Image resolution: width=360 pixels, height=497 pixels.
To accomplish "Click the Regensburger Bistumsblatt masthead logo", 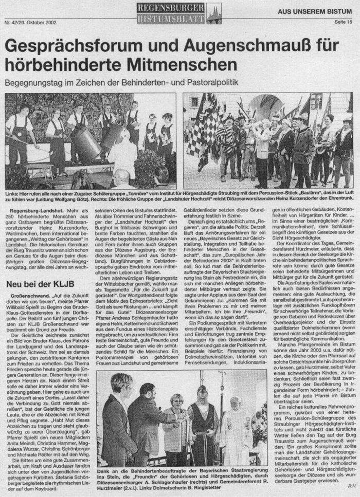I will click(x=172, y=11).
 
